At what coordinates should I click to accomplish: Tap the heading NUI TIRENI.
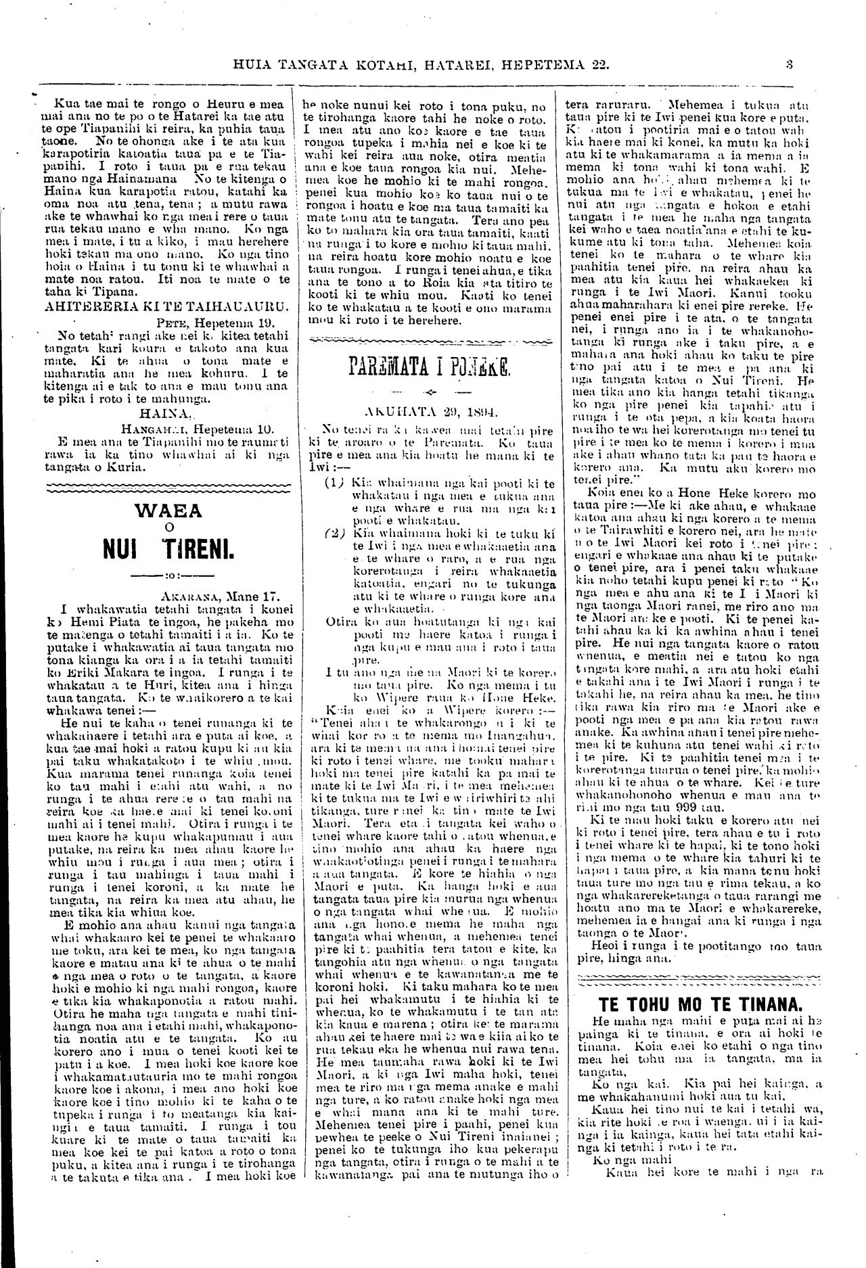tap(169, 550)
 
